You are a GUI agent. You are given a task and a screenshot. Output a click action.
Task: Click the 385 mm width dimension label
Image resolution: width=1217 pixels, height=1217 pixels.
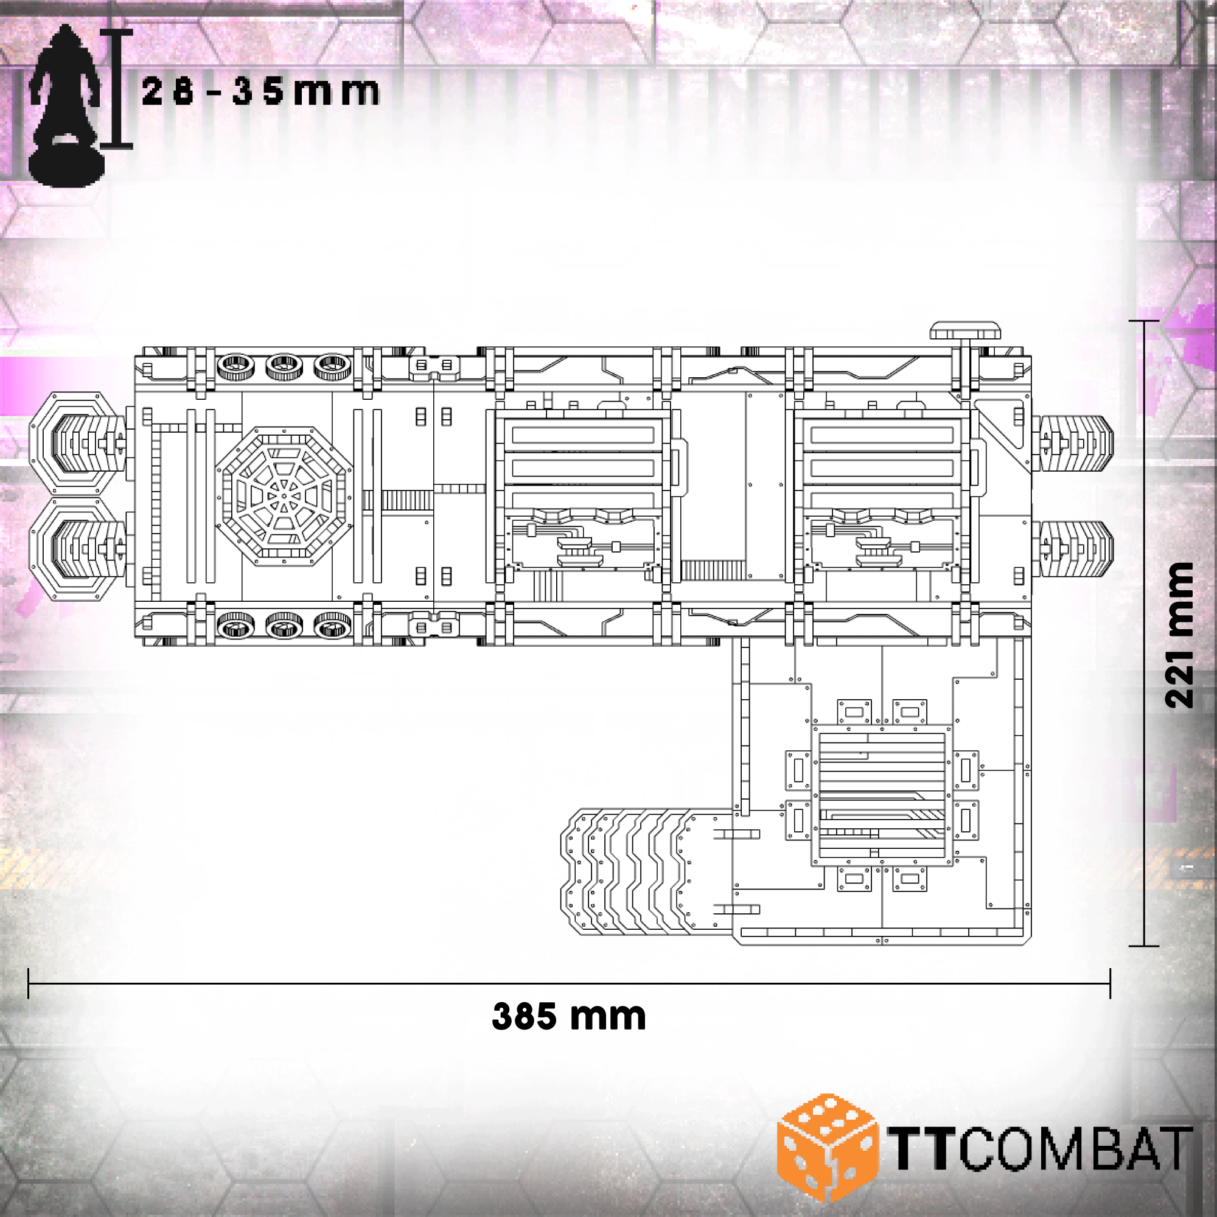coord(569,1016)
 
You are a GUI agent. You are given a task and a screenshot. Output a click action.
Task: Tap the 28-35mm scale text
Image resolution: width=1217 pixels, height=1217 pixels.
coord(261,91)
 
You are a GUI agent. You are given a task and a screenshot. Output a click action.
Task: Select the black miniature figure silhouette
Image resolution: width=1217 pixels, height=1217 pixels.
coord(66,105)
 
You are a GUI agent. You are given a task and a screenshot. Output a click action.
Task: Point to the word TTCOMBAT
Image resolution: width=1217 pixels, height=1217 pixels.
coord(1040,1148)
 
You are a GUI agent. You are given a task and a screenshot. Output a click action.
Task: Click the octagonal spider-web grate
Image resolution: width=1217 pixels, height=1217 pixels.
coord(284,495)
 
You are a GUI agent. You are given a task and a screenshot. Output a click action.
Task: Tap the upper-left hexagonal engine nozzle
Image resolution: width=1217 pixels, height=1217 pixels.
coord(77,443)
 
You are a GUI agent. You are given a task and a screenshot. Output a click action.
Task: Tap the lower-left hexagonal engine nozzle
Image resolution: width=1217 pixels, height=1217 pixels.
coord(77,549)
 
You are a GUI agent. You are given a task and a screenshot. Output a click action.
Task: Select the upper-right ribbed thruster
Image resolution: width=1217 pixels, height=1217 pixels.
coord(1073,443)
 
